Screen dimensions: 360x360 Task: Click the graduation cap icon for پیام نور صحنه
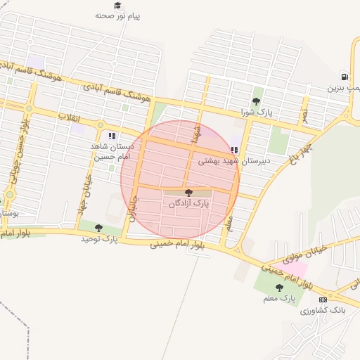(117, 5)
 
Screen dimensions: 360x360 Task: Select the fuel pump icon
(344, 77)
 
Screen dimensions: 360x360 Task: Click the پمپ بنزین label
(345, 89)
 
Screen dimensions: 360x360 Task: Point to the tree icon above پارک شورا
(255, 101)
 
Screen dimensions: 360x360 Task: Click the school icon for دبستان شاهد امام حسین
(111, 136)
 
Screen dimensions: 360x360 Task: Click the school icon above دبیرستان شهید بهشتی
(234, 150)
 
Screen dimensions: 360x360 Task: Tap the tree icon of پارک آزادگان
(188, 192)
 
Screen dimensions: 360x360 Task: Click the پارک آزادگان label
(188, 203)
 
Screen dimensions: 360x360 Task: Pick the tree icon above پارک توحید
(98, 228)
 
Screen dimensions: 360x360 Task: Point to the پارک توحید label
(99, 240)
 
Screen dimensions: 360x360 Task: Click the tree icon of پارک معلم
(280, 288)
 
